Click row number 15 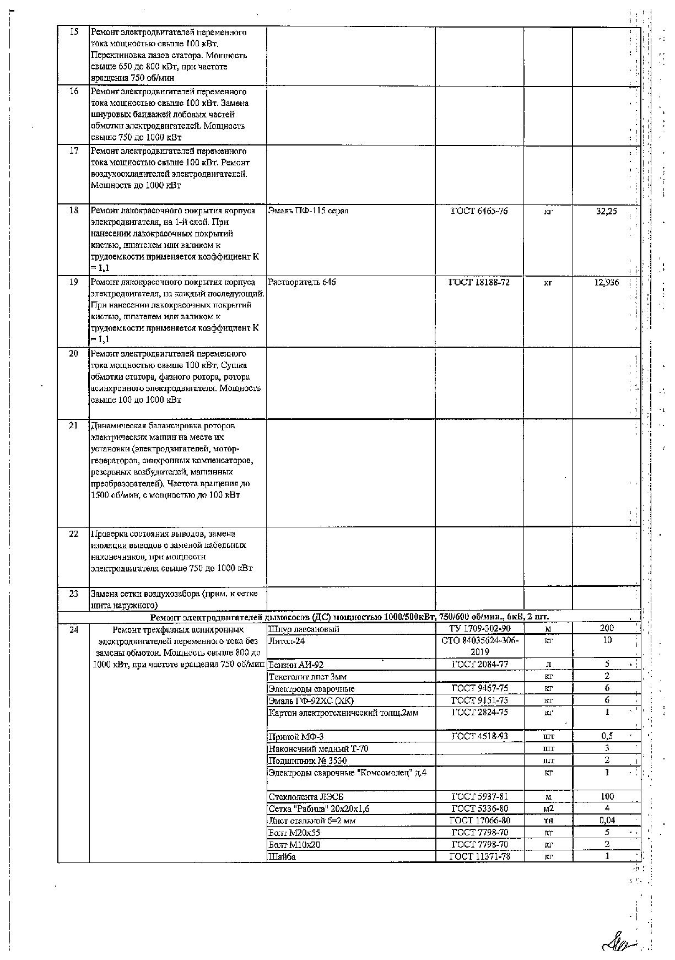(x=74, y=32)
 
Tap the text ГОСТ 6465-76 (x=479, y=211)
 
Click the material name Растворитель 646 (x=302, y=282)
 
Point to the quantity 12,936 (x=607, y=282)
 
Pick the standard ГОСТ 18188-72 (x=479, y=282)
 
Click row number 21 (x=74, y=425)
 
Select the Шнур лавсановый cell (x=304, y=629)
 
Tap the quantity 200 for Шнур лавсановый (x=607, y=628)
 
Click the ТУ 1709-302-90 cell (x=479, y=629)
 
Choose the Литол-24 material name (x=286, y=641)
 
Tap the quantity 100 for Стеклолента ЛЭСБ (x=607, y=796)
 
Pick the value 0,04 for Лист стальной (x=607, y=820)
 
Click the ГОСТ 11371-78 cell (x=479, y=856)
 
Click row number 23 (x=74, y=594)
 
